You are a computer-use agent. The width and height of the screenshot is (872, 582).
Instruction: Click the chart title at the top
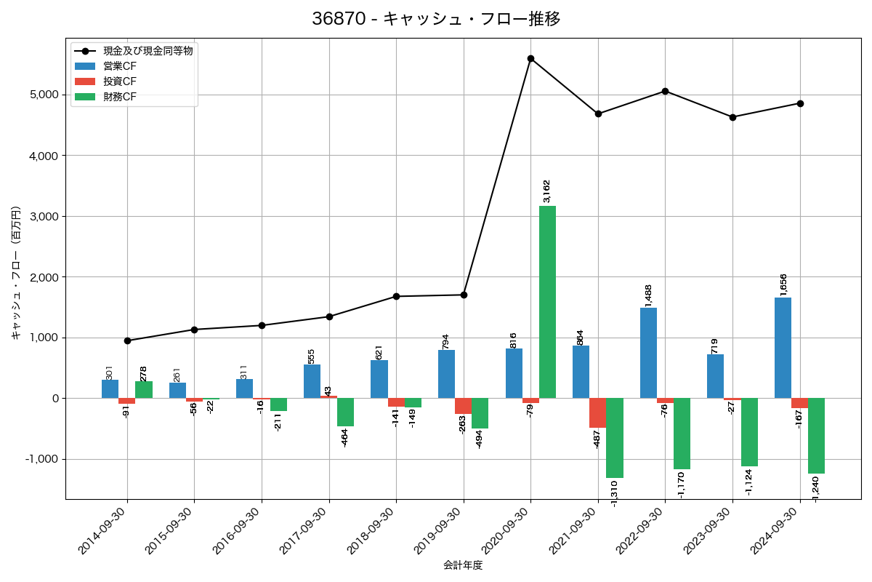pyautogui.click(x=436, y=19)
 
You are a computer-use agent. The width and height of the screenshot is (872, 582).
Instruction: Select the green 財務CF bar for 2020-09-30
pyautogui.click(x=547, y=302)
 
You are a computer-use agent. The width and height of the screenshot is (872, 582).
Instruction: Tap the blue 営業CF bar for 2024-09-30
pyautogui.click(x=783, y=348)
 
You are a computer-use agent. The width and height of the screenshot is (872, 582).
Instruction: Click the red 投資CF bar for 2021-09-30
pyautogui.click(x=597, y=412)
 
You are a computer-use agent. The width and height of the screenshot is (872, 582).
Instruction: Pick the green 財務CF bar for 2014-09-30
pyautogui.click(x=144, y=390)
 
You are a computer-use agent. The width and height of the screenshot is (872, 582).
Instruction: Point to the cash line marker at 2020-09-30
pyautogui.click(x=530, y=58)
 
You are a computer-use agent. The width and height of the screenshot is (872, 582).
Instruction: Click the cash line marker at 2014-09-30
pyautogui.click(x=127, y=340)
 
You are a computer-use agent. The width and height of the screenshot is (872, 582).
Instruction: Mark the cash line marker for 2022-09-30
pyautogui.click(x=665, y=91)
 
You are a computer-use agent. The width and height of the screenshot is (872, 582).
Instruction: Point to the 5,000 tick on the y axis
pyautogui.click(x=44, y=95)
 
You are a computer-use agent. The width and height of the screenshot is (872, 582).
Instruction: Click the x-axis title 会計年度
pyautogui.click(x=463, y=565)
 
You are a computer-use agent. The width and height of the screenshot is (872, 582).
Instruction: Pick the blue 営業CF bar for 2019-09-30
pyautogui.click(x=446, y=374)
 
